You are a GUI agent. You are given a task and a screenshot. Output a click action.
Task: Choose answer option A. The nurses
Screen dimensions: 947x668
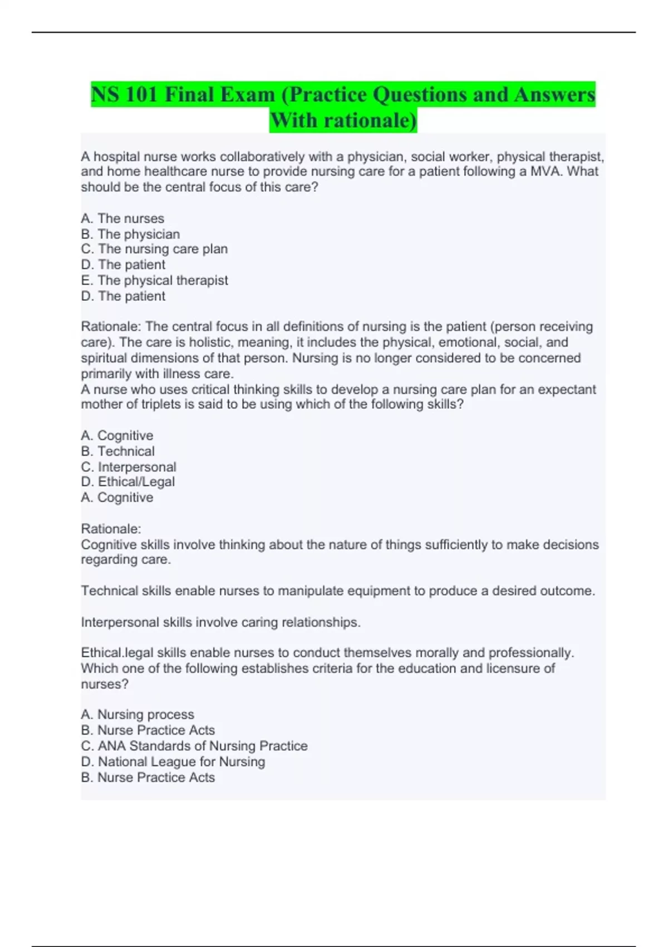(x=122, y=218)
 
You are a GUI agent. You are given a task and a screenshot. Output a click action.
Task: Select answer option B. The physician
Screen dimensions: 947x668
(x=130, y=234)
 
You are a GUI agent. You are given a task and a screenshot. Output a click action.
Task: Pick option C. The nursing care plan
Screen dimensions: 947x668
(x=154, y=249)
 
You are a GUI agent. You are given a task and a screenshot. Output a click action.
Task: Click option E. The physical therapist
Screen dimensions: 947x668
(x=154, y=280)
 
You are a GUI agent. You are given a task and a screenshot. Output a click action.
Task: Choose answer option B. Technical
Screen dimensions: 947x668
(x=117, y=451)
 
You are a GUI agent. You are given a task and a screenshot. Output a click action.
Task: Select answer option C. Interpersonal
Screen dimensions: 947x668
(x=129, y=467)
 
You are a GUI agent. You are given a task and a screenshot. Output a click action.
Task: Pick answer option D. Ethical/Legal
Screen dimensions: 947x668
(x=127, y=482)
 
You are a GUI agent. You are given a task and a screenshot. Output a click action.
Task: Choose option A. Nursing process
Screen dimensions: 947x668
(x=137, y=715)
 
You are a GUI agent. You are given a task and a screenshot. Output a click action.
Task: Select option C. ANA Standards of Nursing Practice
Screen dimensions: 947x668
(x=194, y=746)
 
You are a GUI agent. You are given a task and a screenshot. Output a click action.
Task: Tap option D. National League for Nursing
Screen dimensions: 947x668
(x=173, y=761)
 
